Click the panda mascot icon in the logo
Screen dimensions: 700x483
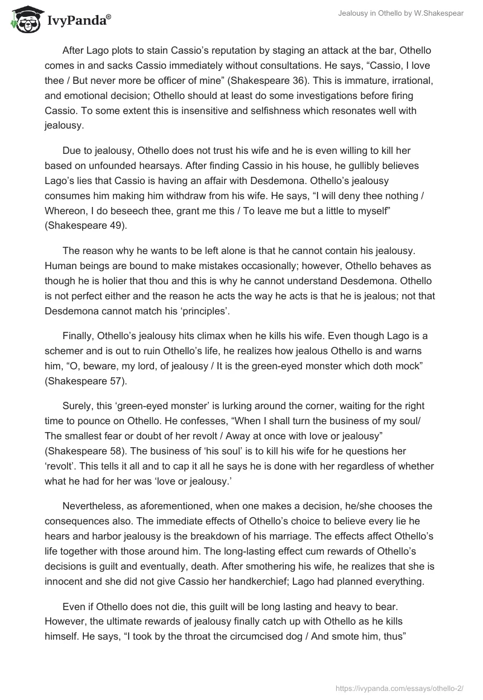click(24, 20)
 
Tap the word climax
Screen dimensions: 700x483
click(219, 336)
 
